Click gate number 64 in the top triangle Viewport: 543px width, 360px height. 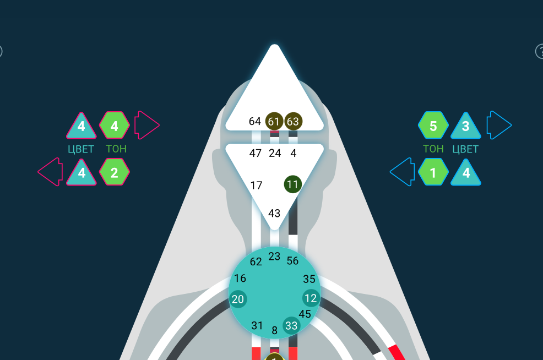pyautogui.click(x=254, y=122)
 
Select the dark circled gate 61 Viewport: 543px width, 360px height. pyautogui.click(x=274, y=122)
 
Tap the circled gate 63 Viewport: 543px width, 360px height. pyautogui.click(x=294, y=122)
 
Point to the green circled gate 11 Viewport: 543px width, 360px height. pyautogui.click(x=293, y=184)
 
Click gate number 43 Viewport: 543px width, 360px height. pyautogui.click(x=274, y=213)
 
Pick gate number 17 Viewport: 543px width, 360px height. pyautogui.click(x=256, y=186)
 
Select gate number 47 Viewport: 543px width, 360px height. pyautogui.click(x=255, y=153)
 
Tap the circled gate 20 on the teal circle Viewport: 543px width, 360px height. pyautogui.click(x=238, y=299)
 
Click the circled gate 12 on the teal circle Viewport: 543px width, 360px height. pyautogui.click(x=311, y=298)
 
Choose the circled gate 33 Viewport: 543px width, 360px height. pyautogui.click(x=291, y=325)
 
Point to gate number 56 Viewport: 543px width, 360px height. pyautogui.click(x=292, y=261)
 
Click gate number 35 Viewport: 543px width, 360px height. pyautogui.click(x=309, y=279)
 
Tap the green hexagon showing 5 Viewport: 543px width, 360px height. pyautogui.click(x=433, y=126)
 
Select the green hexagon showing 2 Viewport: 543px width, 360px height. pyautogui.click(x=115, y=172)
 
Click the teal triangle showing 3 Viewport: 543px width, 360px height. pyautogui.click(x=466, y=126)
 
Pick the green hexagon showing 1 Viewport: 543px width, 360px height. pyautogui.click(x=433, y=172)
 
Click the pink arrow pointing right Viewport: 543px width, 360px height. pyautogui.click(x=146, y=125)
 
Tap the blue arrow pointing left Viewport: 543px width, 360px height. pyautogui.click(x=403, y=172)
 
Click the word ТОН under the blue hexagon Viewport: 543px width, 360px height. pyautogui.click(x=433, y=149)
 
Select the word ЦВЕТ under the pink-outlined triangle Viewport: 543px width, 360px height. pyautogui.click(x=81, y=149)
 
